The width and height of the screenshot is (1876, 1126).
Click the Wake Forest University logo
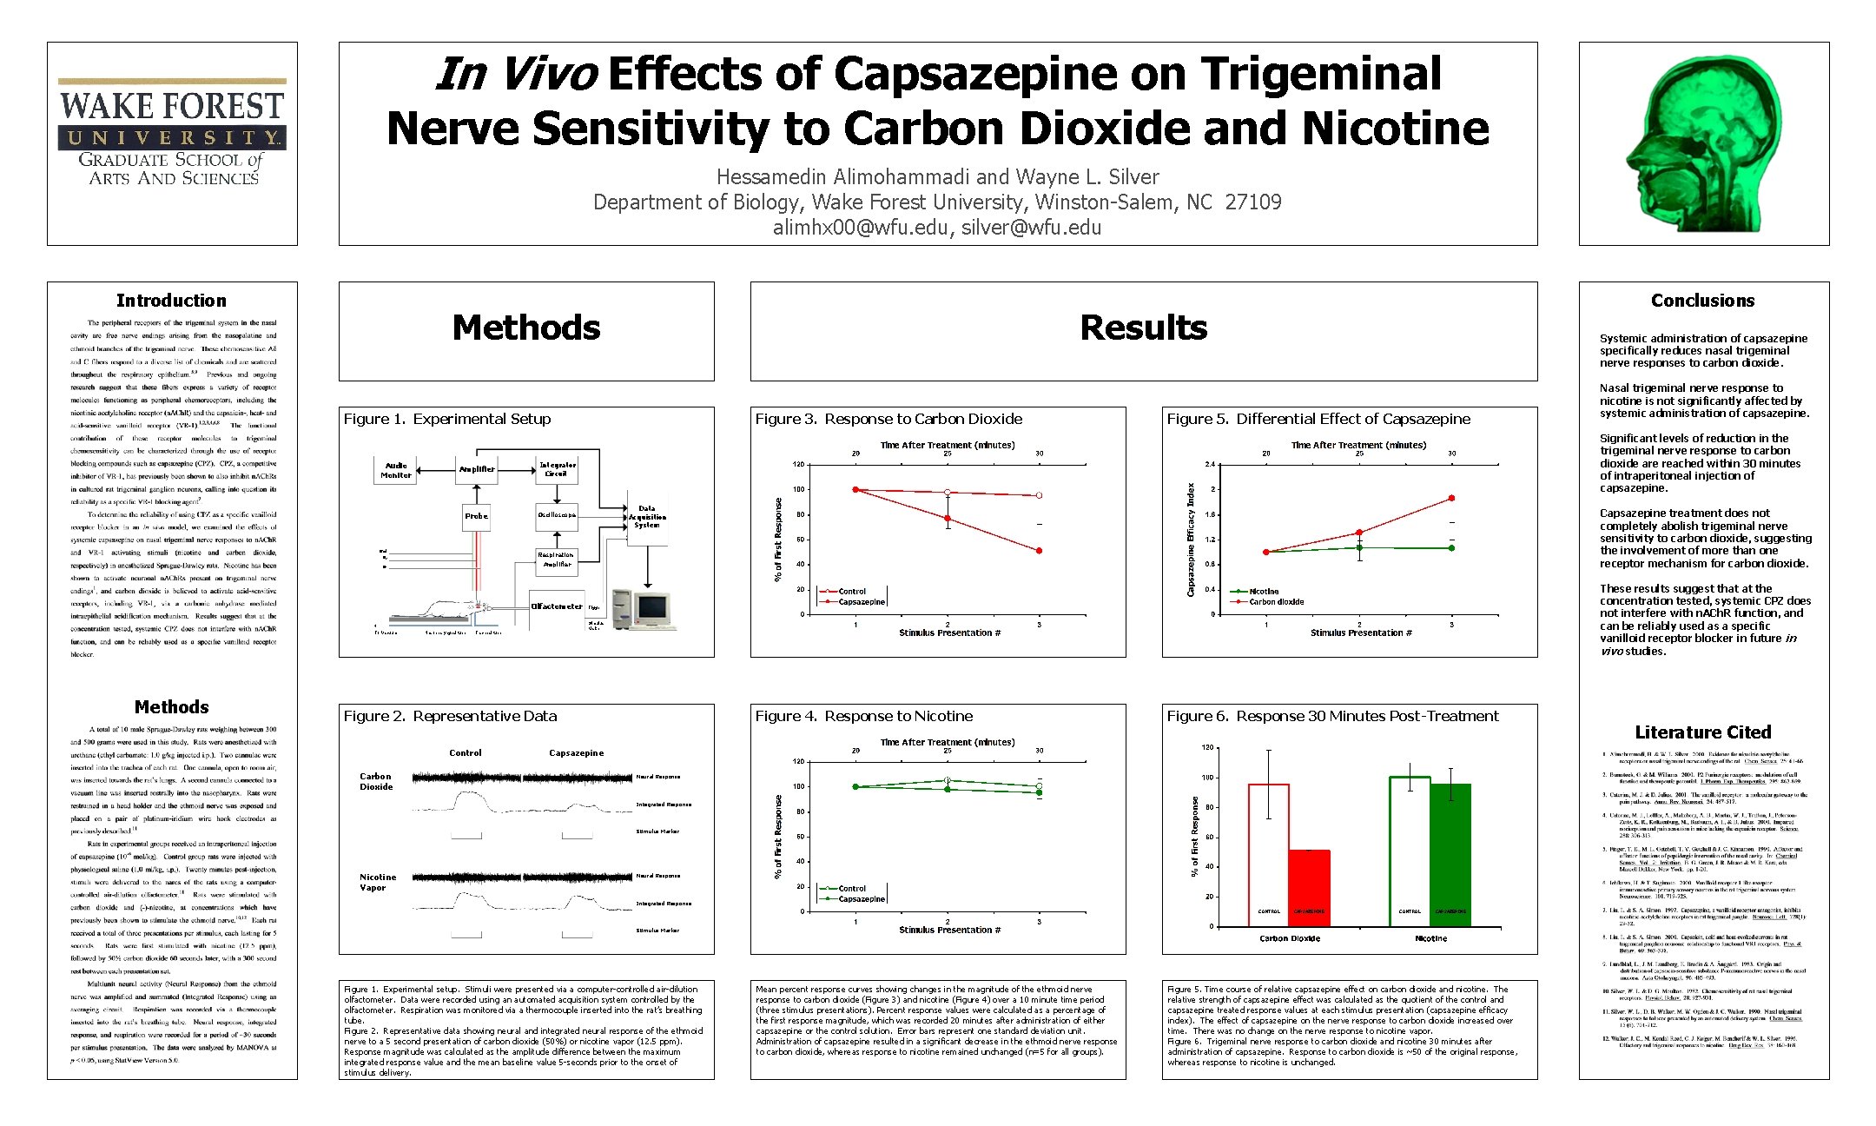pyautogui.click(x=172, y=132)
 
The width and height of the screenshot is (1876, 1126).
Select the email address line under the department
pyautogui.click(x=937, y=228)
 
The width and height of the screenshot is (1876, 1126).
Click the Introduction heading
pyautogui.click(x=171, y=301)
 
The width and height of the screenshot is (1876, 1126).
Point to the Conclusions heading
pyautogui.click(x=1702, y=301)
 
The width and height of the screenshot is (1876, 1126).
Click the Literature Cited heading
pyautogui.click(x=1702, y=732)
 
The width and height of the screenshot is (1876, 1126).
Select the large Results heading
pyautogui.click(x=1143, y=328)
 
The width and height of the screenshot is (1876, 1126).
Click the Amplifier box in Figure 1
pyautogui.click(x=477, y=469)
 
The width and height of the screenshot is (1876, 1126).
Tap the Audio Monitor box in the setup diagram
pyautogui.click(x=396, y=470)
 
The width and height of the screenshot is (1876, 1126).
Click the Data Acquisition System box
pyautogui.click(x=647, y=518)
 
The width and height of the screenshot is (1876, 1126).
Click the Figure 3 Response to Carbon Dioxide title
pyautogui.click(x=888, y=419)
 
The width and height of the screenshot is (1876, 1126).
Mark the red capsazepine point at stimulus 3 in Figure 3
pyautogui.click(x=1039, y=551)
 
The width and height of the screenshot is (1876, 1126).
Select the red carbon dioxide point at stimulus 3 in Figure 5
pyautogui.click(x=1451, y=499)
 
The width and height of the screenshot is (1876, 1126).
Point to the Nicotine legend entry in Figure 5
pyautogui.click(x=1263, y=592)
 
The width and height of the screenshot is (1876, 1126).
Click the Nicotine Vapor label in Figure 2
pyautogui.click(x=378, y=882)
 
